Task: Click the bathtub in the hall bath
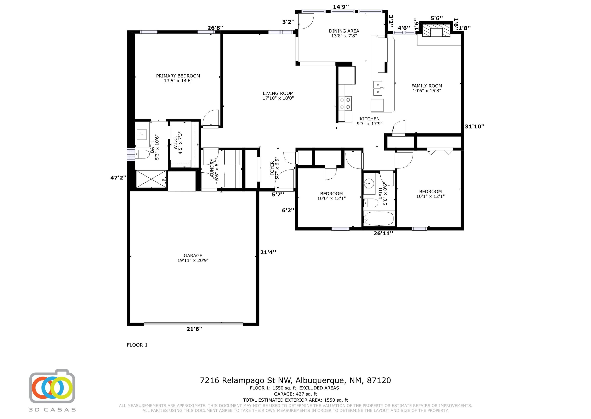tap(378, 219)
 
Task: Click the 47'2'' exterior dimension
tap(118, 178)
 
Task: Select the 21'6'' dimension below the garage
tap(194, 329)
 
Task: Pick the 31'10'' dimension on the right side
tap(474, 126)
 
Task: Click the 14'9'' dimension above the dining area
tap(341, 7)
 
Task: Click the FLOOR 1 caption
tap(137, 345)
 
